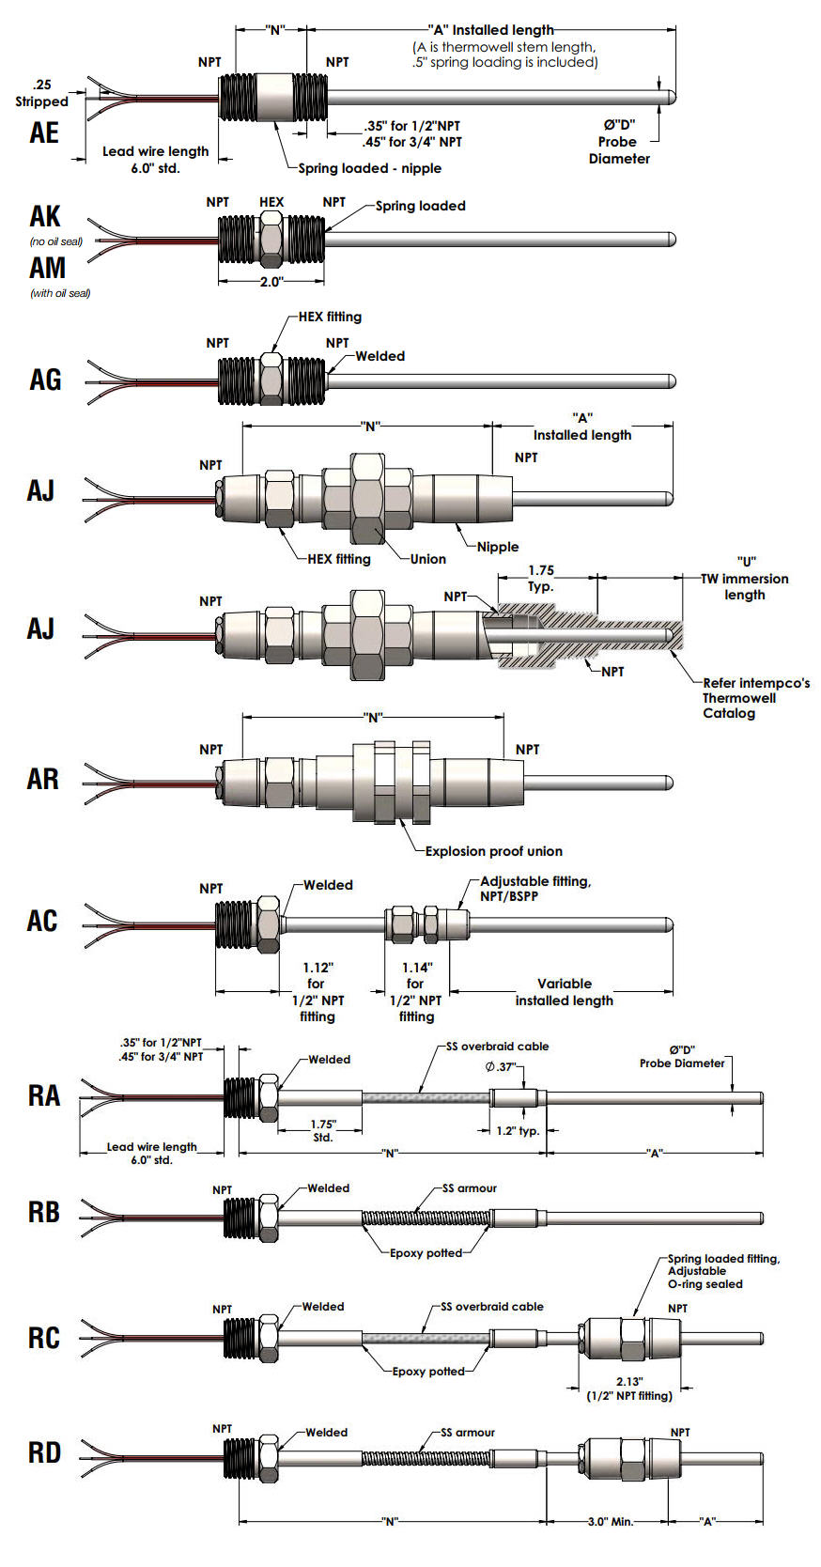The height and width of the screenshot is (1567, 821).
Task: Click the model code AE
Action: tap(44, 132)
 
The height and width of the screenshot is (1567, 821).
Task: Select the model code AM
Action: tap(47, 269)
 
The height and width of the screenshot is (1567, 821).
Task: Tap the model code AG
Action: tap(45, 380)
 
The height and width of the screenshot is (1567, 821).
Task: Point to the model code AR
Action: tap(42, 779)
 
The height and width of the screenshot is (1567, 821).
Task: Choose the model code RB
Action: tap(43, 1212)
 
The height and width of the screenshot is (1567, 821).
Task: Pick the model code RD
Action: tap(44, 1452)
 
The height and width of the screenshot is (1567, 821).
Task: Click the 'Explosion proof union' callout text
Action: tap(493, 851)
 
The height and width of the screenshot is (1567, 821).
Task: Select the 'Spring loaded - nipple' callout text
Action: tap(369, 168)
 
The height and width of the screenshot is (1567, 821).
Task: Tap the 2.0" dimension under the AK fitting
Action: tap(271, 282)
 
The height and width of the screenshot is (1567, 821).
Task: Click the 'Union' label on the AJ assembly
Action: tap(428, 559)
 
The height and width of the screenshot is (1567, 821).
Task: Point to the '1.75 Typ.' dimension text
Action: tap(541, 578)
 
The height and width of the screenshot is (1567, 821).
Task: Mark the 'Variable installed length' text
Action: tap(564, 992)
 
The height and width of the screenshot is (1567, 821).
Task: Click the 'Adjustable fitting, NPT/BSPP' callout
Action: tap(535, 889)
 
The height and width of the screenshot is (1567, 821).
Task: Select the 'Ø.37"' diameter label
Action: tap(500, 1066)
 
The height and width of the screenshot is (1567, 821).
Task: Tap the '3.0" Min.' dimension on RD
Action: tap(609, 1521)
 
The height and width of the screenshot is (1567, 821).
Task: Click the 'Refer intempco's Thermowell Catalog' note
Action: tap(755, 698)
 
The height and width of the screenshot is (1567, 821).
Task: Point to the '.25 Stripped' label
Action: tap(42, 93)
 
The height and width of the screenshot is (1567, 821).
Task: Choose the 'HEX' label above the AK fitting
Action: tap(271, 202)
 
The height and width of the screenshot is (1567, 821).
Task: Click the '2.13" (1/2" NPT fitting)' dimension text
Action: tap(629, 1389)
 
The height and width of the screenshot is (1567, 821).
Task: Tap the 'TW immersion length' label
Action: tap(745, 586)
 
